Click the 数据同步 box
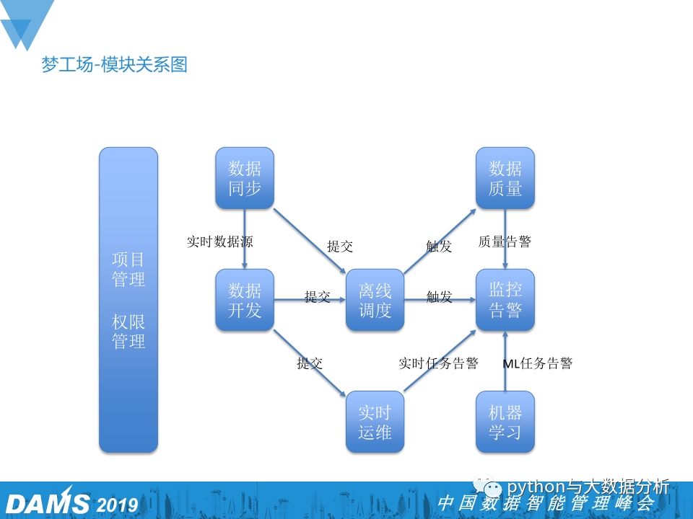(245, 179)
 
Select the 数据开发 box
(245, 300)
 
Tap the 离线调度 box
(375, 300)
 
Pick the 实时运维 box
(375, 422)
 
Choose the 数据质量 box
(505, 179)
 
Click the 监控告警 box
(505, 300)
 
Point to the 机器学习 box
(505, 422)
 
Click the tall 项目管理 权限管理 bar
(128, 300)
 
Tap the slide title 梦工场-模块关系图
(115, 65)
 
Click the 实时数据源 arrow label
(219, 241)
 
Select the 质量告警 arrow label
(505, 241)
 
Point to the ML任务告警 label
(537, 363)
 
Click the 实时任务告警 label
(438, 363)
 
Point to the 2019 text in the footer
(117, 504)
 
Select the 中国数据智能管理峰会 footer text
(545, 503)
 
